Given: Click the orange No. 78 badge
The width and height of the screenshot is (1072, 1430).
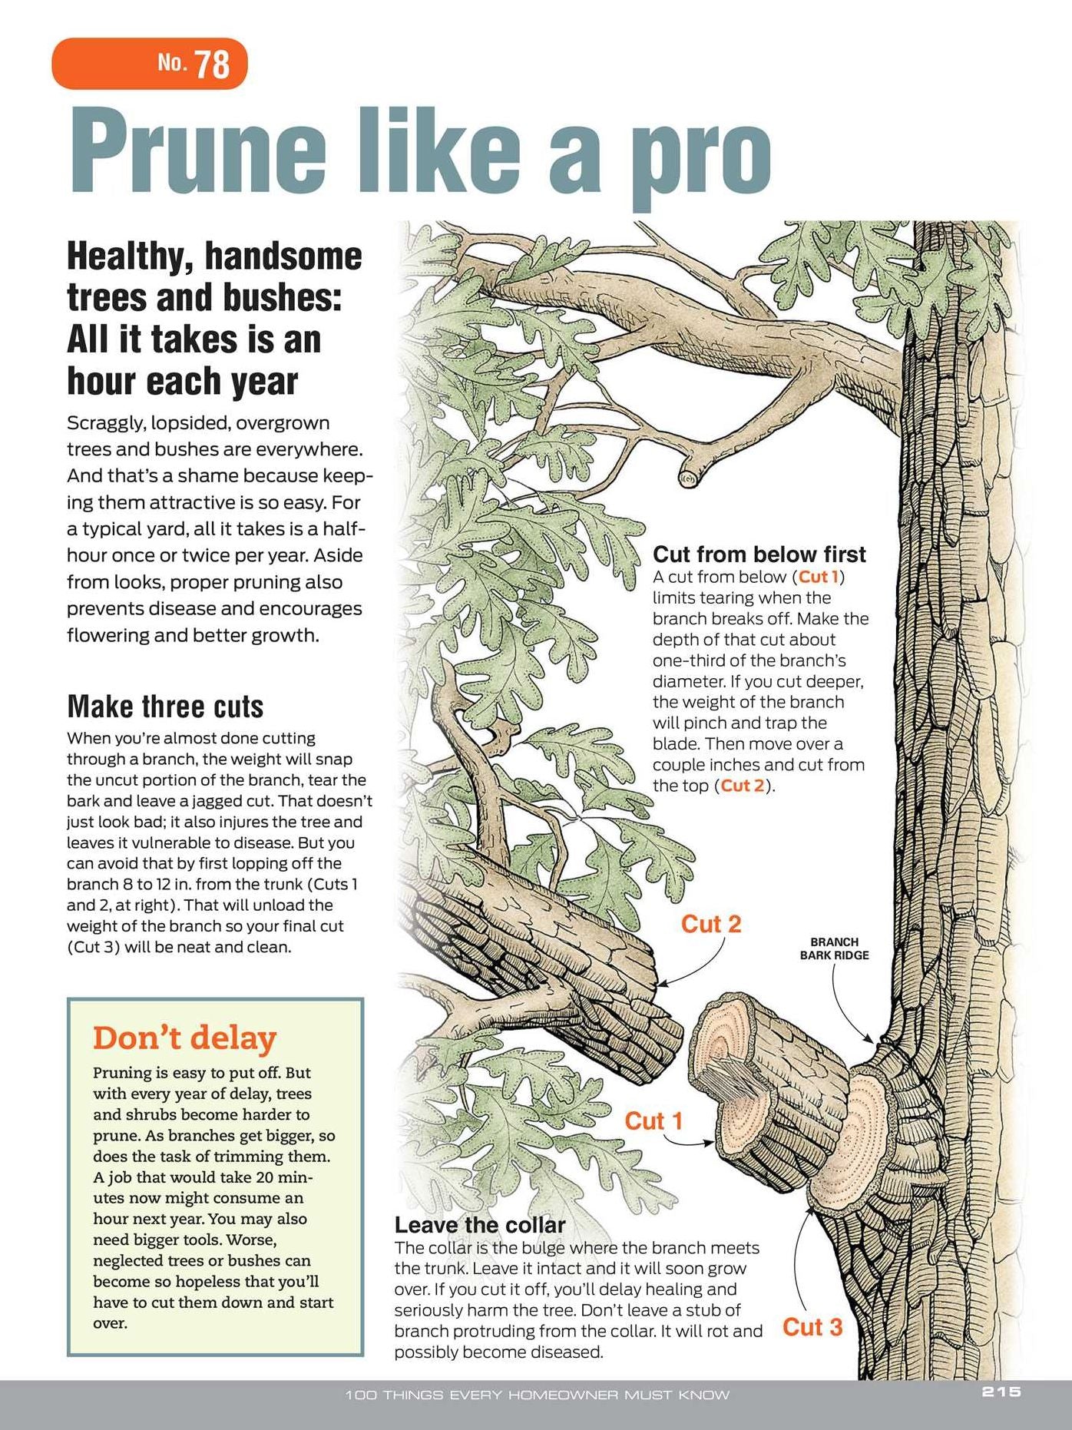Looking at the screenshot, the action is (150, 63).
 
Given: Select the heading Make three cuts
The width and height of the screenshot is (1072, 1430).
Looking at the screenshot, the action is (165, 707).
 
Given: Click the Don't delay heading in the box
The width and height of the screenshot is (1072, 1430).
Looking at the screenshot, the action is (184, 1038).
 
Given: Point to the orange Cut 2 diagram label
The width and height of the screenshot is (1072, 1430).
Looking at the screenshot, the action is (711, 924).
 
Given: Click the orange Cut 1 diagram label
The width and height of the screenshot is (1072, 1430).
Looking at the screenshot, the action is (653, 1121).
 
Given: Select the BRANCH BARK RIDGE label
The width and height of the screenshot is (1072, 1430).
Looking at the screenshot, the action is (835, 948).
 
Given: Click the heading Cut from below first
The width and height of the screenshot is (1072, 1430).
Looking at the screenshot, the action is (759, 554).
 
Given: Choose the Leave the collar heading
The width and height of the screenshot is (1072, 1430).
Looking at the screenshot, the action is (480, 1225).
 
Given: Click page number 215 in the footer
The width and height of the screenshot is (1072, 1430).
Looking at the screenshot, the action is (1001, 1392).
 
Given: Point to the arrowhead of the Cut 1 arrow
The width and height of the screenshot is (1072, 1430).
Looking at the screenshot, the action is (708, 1143).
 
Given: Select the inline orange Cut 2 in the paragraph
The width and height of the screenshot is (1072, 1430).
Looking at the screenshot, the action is (743, 786).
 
